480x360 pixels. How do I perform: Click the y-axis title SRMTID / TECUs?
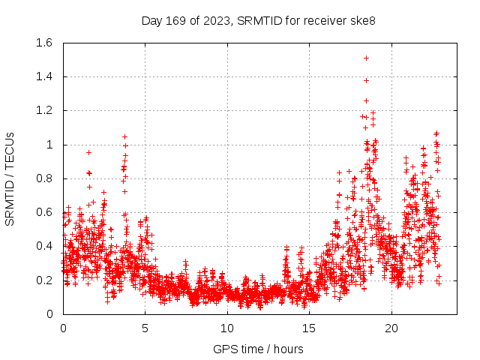pyautogui.click(x=10, y=178)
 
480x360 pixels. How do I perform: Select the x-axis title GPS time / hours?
pyautogui.click(x=259, y=349)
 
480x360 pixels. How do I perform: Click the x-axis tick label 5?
pyautogui.click(x=145, y=328)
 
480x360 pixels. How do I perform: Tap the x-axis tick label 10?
pyautogui.click(x=227, y=328)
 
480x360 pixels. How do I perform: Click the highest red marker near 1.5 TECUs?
pyautogui.click(x=366, y=58)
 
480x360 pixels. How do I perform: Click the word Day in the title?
pyautogui.click(x=152, y=21)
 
